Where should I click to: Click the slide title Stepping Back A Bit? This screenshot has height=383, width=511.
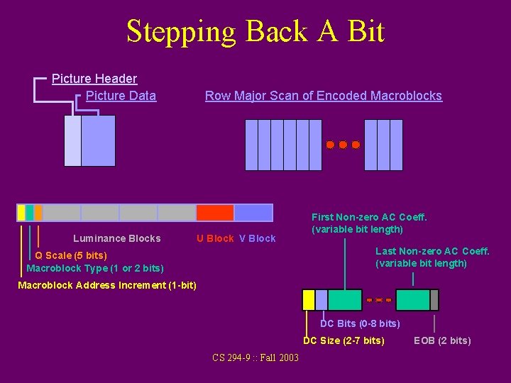pyautogui.click(x=255, y=32)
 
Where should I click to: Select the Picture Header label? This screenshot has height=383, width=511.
pyautogui.click(x=94, y=79)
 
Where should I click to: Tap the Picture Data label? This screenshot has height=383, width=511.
pyautogui.click(x=121, y=96)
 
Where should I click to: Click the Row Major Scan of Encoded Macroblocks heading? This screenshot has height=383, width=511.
pyautogui.click(x=323, y=96)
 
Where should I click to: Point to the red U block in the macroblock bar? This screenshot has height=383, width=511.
pyautogui.click(x=215, y=213)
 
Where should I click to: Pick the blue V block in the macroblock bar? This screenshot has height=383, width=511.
pyautogui.click(x=253, y=213)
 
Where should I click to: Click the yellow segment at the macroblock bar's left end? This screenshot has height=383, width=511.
pyautogui.click(x=21, y=213)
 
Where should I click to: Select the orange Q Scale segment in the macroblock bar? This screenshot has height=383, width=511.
pyautogui.click(x=38, y=213)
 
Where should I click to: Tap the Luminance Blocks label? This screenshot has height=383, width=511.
pyautogui.click(x=117, y=238)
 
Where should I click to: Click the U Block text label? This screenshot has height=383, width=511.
pyautogui.click(x=215, y=238)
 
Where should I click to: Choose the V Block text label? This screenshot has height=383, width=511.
pyautogui.click(x=257, y=238)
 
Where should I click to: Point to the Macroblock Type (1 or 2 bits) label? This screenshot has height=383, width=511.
pyautogui.click(x=94, y=268)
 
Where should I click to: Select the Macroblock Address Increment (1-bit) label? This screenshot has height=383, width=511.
pyautogui.click(x=106, y=285)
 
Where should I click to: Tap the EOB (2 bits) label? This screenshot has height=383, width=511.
pyautogui.click(x=442, y=340)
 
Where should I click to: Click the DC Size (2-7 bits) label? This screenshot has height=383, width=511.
pyautogui.click(x=344, y=340)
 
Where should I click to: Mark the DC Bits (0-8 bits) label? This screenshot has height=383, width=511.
pyautogui.click(x=360, y=323)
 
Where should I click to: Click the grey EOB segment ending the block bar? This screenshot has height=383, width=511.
pyautogui.click(x=434, y=300)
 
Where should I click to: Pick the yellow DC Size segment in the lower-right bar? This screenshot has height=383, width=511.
pyautogui.click(x=309, y=300)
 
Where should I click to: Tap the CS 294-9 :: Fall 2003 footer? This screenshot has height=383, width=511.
pyautogui.click(x=255, y=357)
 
